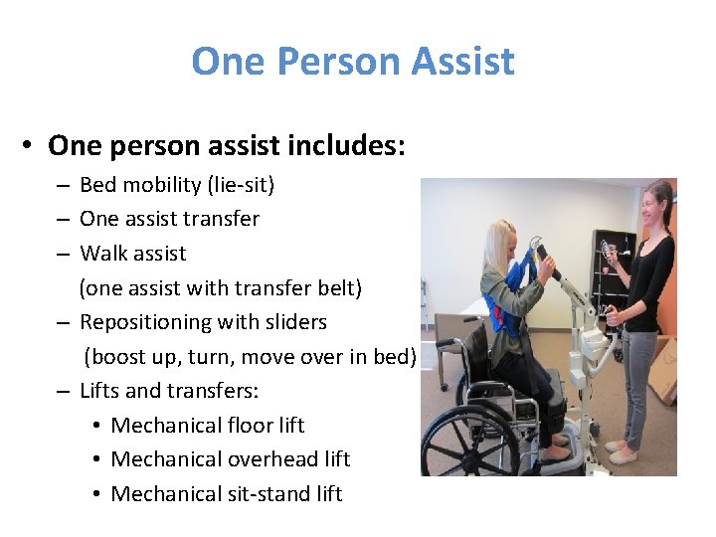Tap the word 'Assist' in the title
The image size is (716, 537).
click(465, 62)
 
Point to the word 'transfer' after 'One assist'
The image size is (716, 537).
click(223, 219)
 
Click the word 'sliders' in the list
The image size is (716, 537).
click(293, 322)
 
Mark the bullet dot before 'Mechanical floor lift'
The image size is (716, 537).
click(93, 426)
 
